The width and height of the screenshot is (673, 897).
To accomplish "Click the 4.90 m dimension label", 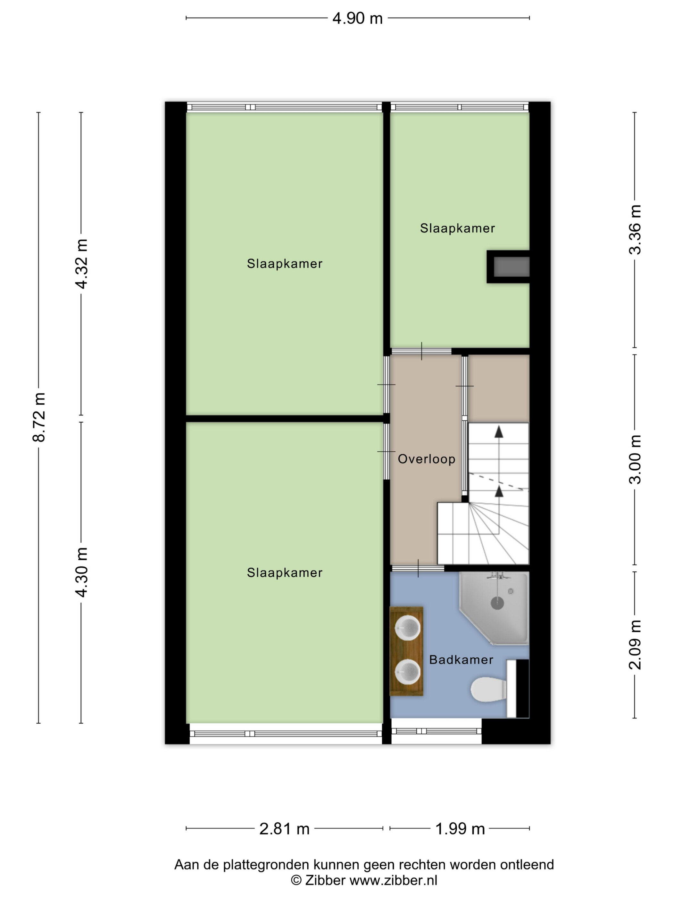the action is pyautogui.click(x=357, y=18).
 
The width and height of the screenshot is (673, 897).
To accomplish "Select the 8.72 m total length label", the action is pyautogui.click(x=39, y=417).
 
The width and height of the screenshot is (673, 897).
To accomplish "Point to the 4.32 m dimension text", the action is pyautogui.click(x=81, y=264).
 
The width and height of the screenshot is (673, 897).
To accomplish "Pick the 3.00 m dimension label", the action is pyautogui.click(x=635, y=459).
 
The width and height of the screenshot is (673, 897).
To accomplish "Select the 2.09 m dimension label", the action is pyautogui.click(x=635, y=644).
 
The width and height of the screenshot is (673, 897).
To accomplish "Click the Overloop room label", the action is pyautogui.click(x=426, y=459).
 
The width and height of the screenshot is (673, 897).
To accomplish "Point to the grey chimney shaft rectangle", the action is pyautogui.click(x=511, y=267).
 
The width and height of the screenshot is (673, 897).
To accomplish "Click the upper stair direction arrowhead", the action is pyautogui.click(x=499, y=432).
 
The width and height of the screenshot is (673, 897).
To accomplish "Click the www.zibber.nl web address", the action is pyautogui.click(x=394, y=880).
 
